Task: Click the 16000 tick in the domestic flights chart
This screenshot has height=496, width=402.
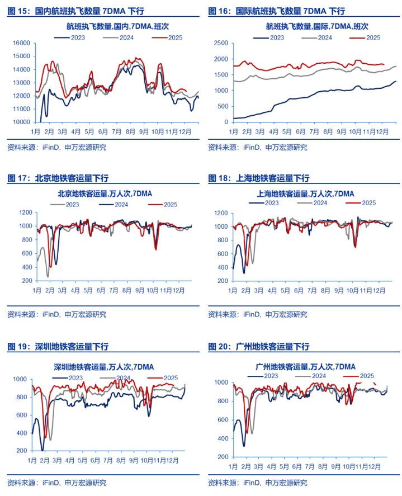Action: point(21,43)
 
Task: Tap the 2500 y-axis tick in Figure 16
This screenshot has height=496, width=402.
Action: point(221,43)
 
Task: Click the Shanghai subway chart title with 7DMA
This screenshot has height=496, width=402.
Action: point(305,193)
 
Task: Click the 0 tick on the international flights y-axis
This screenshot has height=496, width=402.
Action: point(225,122)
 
